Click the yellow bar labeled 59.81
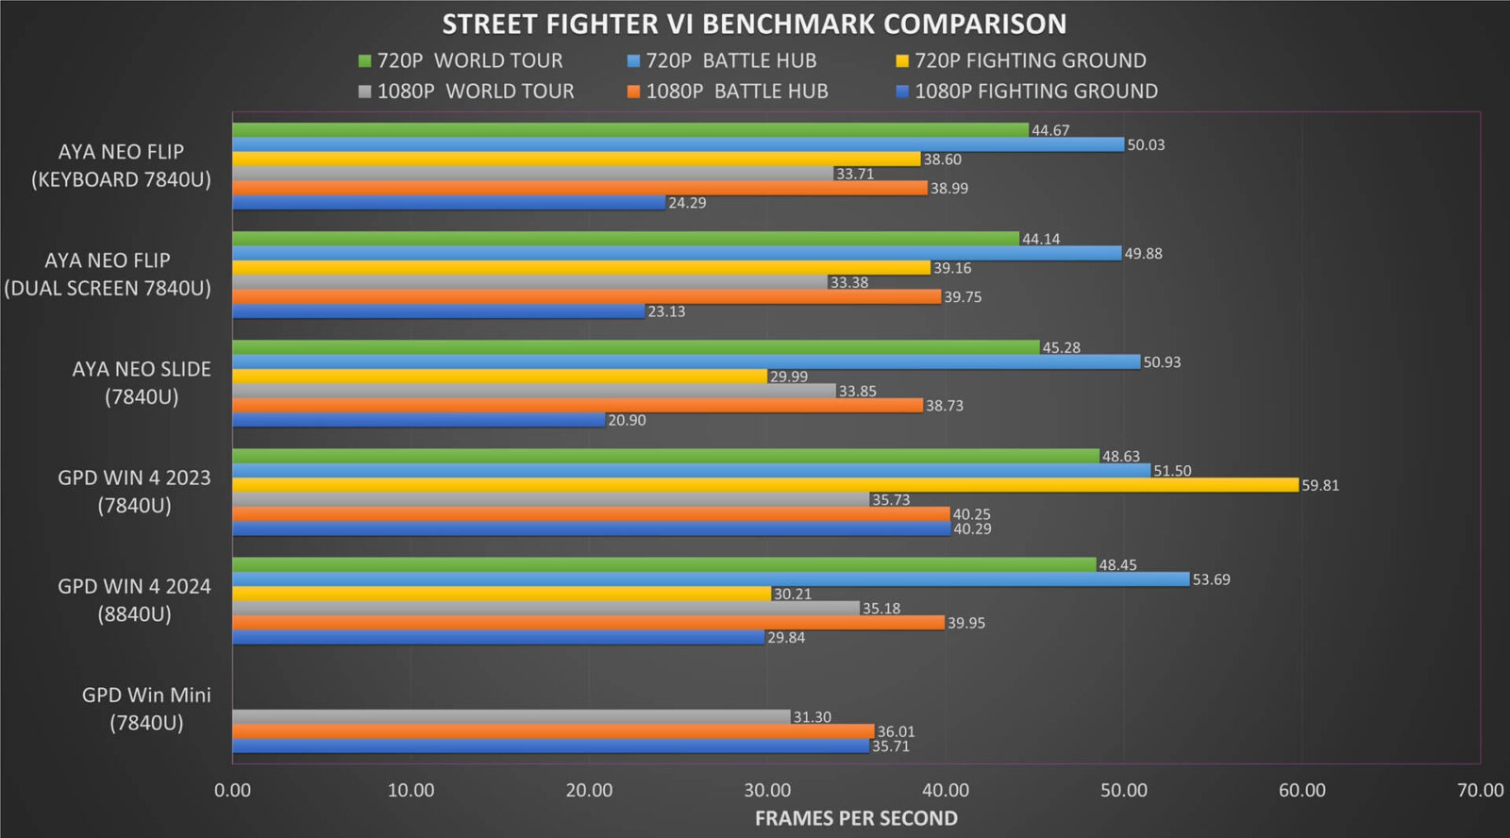[764, 485]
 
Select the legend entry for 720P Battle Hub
[722, 60]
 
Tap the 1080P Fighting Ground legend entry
[1026, 92]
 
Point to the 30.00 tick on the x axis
[767, 790]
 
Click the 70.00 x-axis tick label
[1480, 790]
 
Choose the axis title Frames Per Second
[855, 818]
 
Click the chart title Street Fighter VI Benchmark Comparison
[754, 24]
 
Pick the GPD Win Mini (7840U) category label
[146, 709]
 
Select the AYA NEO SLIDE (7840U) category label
[142, 382]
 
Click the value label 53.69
[1211, 579]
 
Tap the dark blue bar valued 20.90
[418, 420]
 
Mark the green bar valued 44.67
[630, 130]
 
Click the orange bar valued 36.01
[553, 731]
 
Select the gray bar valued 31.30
[511, 717]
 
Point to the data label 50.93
[1161, 362]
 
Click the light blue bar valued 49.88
[677, 253]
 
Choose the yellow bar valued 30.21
[501, 594]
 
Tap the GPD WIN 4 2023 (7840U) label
[134, 491]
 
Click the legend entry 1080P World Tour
[466, 92]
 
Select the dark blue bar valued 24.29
[448, 203]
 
